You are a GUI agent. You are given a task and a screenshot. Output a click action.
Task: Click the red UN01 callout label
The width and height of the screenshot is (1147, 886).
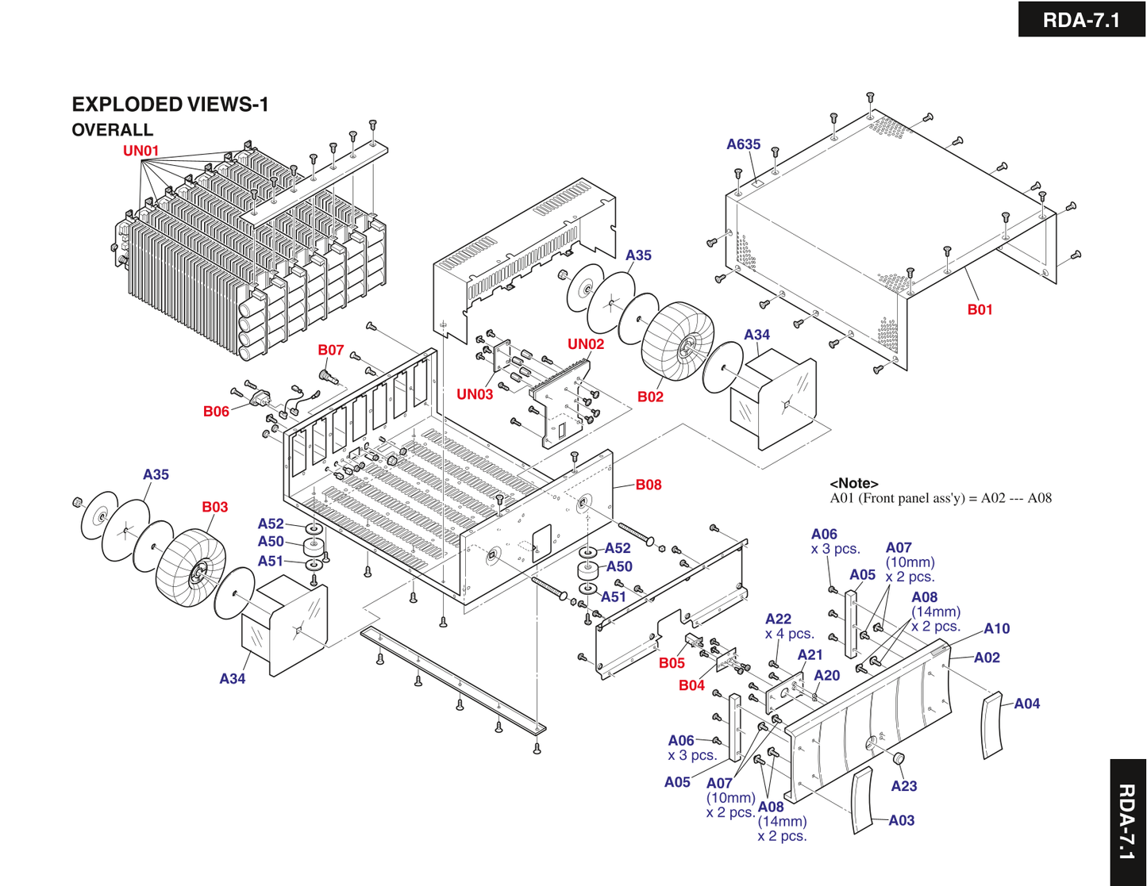click(x=140, y=151)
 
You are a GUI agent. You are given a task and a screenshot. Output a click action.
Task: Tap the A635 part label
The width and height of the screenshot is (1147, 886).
click(x=743, y=144)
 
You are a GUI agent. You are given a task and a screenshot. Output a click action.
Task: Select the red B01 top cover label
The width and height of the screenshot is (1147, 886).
click(x=980, y=309)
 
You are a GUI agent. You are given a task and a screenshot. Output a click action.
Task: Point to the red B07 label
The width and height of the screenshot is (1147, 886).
click(x=330, y=350)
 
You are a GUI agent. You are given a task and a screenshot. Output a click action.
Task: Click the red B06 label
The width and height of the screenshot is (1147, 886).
click(x=216, y=411)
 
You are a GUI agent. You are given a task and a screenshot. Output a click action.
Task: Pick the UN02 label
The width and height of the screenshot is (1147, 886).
click(x=585, y=343)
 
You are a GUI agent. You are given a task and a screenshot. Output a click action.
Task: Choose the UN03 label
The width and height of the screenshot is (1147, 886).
click(x=474, y=393)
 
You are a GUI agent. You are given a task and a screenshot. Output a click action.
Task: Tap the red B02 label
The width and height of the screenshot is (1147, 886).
click(x=650, y=397)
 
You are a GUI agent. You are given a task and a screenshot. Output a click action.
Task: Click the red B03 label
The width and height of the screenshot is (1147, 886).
click(x=214, y=507)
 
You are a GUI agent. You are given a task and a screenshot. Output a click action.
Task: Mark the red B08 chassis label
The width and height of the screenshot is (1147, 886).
click(x=648, y=485)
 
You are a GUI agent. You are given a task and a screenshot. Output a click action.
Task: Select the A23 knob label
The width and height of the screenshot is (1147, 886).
click(x=903, y=786)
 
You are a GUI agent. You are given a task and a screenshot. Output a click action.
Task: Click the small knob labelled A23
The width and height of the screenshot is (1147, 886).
click(x=899, y=758)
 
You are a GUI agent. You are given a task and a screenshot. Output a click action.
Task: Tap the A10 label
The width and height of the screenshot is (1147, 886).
click(x=996, y=629)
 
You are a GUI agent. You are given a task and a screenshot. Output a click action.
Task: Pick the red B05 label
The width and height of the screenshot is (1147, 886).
click(x=672, y=663)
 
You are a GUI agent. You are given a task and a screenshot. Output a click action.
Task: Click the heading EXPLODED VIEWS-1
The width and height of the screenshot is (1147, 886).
click(x=170, y=104)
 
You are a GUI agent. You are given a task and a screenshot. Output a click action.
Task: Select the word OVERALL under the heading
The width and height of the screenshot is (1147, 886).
click(x=112, y=129)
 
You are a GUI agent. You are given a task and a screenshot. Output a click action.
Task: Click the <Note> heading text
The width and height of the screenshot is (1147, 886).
click(x=853, y=483)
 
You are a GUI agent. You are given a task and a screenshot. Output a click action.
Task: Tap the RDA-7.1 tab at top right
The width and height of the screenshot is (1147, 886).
click(x=1081, y=19)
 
